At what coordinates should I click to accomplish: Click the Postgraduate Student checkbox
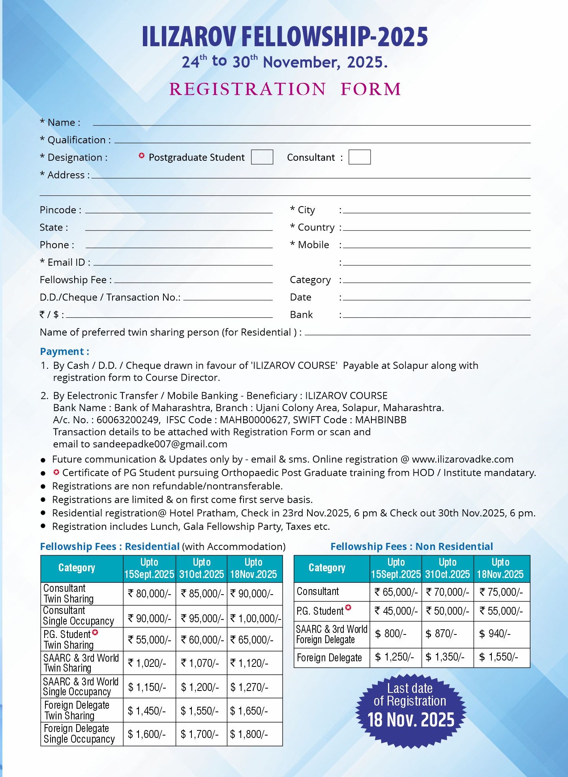click(262, 157)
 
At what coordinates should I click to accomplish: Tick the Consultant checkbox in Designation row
click(359, 157)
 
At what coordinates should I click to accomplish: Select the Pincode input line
click(178, 211)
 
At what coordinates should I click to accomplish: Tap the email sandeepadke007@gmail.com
click(160, 444)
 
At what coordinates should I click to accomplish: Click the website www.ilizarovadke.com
click(463, 459)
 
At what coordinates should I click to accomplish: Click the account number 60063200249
click(128, 420)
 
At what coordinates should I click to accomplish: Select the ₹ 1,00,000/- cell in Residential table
click(255, 618)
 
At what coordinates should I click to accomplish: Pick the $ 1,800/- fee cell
click(249, 734)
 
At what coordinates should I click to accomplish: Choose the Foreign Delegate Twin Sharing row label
click(77, 710)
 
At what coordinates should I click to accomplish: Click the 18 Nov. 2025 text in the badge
click(411, 720)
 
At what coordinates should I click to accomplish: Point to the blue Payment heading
click(64, 351)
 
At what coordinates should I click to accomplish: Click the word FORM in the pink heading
click(371, 89)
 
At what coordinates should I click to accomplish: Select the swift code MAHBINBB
click(381, 420)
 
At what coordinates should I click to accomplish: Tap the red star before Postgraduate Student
click(141, 156)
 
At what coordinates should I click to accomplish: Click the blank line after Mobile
click(437, 246)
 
